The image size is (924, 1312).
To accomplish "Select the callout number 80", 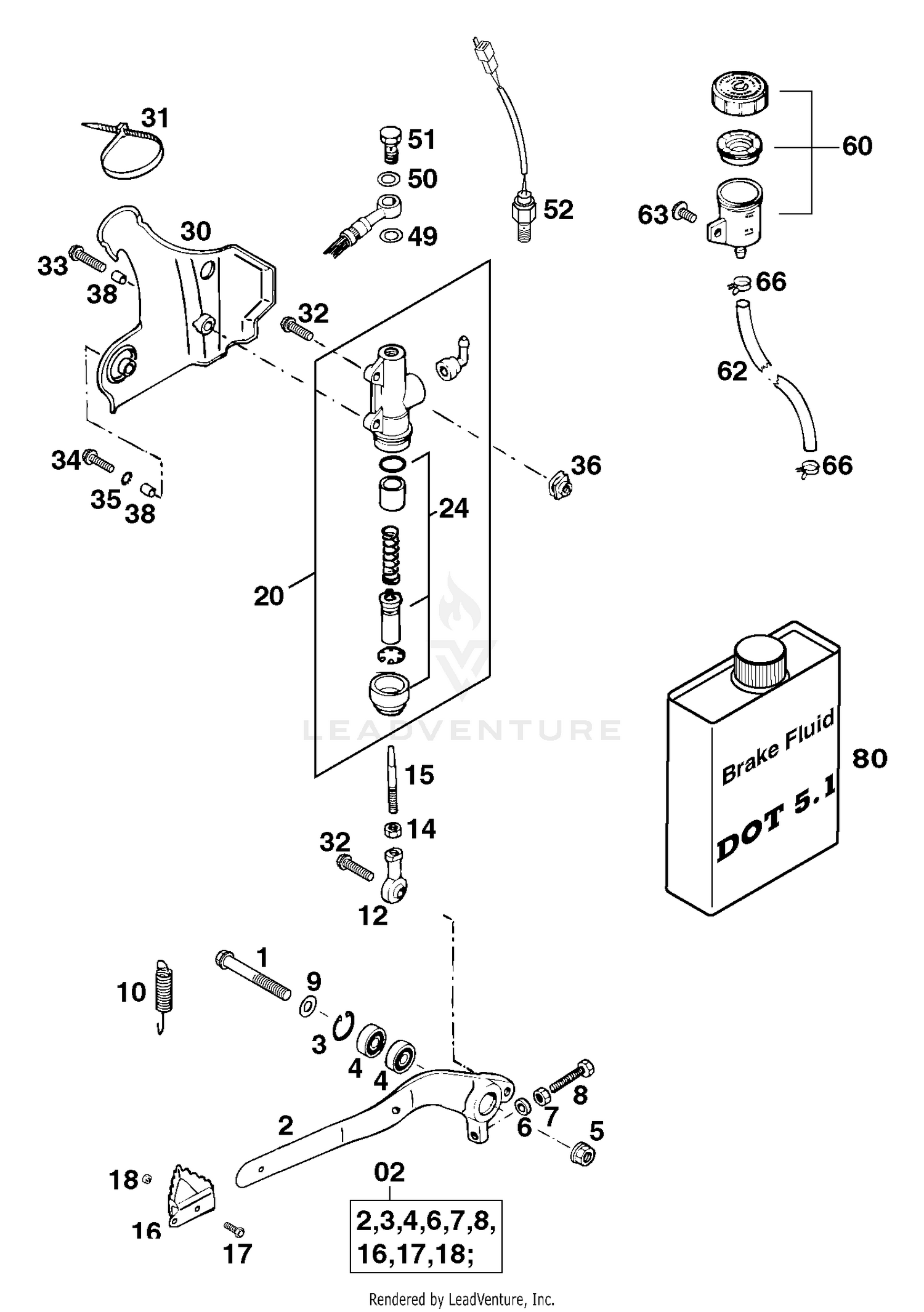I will coord(869,758).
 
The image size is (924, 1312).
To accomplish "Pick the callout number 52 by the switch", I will coord(557,210).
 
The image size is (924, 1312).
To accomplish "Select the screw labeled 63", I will coord(686,214).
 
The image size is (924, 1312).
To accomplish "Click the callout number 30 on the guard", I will coord(196,231).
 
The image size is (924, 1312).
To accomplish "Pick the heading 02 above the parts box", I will coord(389,1172).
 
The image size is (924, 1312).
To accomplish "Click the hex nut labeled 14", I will coord(393,829).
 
